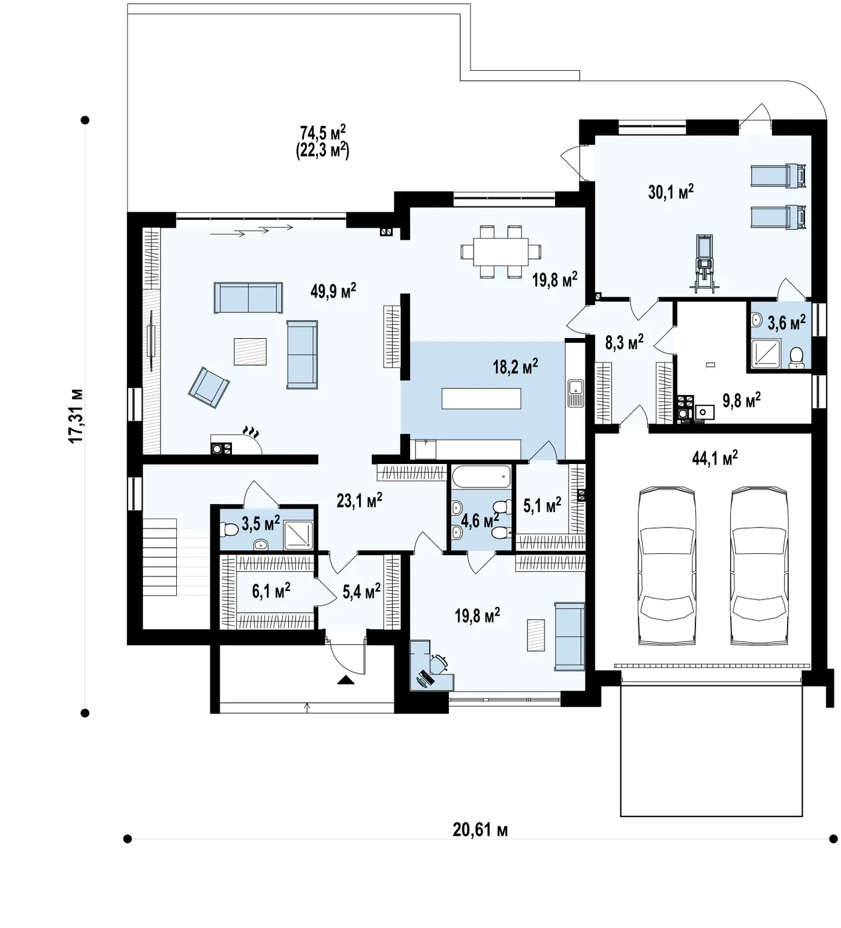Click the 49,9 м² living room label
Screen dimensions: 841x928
(x=333, y=291)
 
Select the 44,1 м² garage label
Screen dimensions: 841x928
(x=715, y=459)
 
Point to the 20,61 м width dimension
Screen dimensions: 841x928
(x=480, y=830)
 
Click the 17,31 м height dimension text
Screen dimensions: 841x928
(x=76, y=416)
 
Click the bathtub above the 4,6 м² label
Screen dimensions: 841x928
(x=481, y=477)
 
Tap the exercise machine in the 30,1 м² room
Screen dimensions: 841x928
(x=704, y=264)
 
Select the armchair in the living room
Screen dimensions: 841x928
(x=209, y=388)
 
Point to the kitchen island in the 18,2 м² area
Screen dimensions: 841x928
(x=481, y=398)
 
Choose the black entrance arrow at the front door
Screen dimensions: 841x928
(x=346, y=680)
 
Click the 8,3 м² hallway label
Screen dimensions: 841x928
(x=624, y=342)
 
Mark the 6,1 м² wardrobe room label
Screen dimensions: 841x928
(x=271, y=591)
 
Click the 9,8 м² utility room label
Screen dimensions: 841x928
(x=741, y=400)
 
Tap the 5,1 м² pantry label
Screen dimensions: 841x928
(x=542, y=505)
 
